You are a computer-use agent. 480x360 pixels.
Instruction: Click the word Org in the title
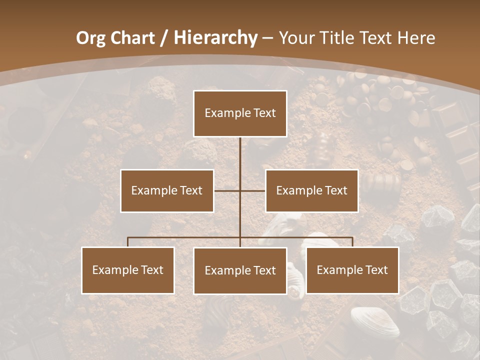(91, 38)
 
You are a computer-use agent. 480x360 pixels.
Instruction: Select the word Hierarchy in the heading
(215, 38)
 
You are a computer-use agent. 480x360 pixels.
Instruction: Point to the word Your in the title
(295, 38)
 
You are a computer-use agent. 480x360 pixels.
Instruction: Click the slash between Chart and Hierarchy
(164, 38)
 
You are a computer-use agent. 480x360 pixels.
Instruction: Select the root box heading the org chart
(240, 113)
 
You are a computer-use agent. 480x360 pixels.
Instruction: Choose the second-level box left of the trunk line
(167, 190)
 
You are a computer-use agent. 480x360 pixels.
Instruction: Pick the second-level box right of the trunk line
(311, 190)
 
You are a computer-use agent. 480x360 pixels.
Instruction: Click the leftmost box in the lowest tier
(128, 270)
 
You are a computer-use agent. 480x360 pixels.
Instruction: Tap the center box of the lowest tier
(240, 271)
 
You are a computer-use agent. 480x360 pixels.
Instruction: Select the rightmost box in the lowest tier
(352, 270)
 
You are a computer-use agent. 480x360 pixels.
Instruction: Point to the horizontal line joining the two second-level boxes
(240, 190)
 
